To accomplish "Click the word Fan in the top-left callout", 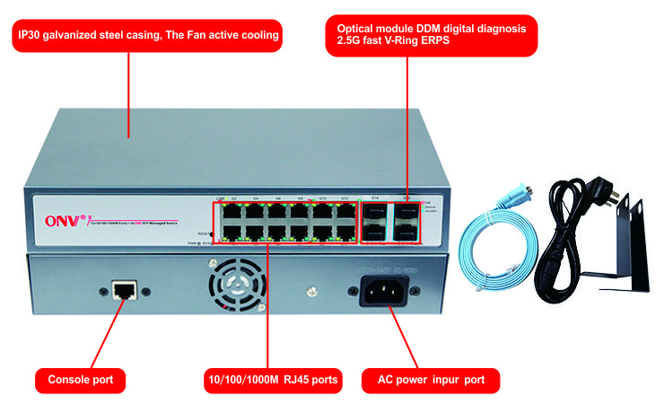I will [x=204, y=37].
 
